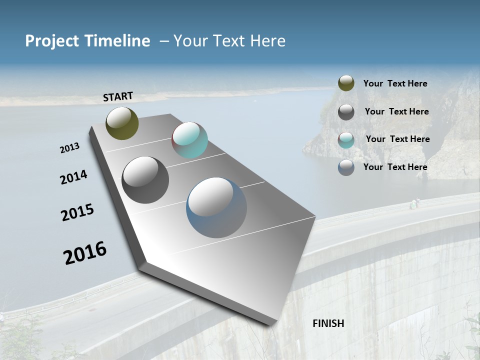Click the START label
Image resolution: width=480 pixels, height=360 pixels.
pos(118,96)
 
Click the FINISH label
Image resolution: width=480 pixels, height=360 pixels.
pos(328,323)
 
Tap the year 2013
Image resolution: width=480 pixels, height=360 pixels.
pos(69,148)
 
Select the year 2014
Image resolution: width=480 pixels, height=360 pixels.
pos(73,177)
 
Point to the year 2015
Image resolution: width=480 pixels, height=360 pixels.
pos(77,212)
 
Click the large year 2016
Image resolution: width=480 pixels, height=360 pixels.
pos(85,252)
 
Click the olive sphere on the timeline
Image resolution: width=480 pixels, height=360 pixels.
pos(122,123)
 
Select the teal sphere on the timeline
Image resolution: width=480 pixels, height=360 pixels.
pos(189,140)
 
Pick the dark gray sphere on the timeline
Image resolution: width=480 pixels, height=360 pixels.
pos(145,180)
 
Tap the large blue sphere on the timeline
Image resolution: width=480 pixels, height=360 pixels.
pos(216,207)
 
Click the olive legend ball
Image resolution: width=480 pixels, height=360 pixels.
pos(346,83)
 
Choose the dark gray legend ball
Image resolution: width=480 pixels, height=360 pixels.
pos(346,112)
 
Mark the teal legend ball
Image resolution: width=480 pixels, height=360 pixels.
pos(346,140)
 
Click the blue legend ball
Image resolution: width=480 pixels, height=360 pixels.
pos(346,167)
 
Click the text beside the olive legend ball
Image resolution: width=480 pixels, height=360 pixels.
pos(395,83)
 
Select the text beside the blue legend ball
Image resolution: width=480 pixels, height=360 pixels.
pos(395,167)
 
